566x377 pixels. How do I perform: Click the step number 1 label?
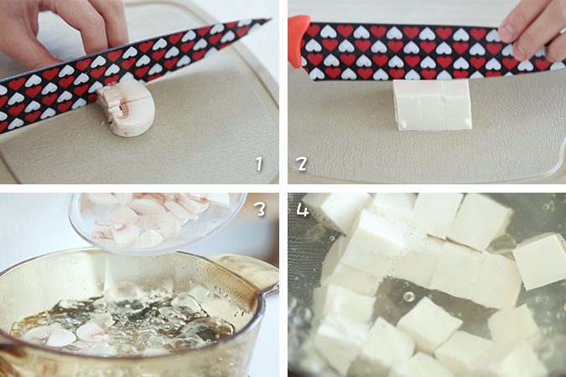[x=259, y=164]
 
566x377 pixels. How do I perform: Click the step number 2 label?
[x=301, y=164]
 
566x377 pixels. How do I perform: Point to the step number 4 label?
[x=303, y=209]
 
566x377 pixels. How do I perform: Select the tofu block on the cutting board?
[x=432, y=105]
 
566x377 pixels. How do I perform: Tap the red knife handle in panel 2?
[x=299, y=40]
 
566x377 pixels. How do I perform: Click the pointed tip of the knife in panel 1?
[x=271, y=19]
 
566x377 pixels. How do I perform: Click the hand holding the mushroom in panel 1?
[x=61, y=28]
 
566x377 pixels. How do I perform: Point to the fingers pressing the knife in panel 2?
[x=533, y=33]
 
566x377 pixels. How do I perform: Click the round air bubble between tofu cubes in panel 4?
[x=408, y=297]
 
